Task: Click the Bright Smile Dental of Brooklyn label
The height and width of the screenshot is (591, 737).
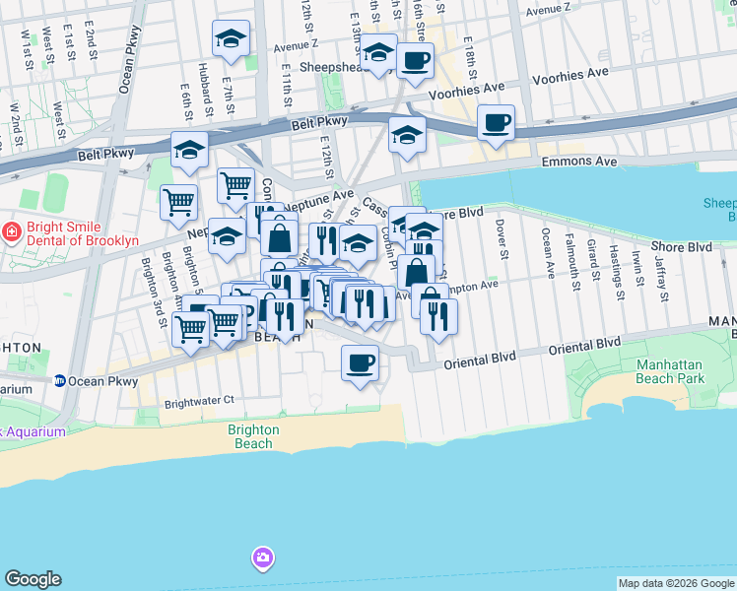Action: tap(74, 233)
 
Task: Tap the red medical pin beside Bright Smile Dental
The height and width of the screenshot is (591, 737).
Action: tap(11, 232)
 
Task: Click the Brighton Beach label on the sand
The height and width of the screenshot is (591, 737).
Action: tap(253, 436)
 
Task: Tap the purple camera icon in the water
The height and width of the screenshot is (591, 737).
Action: tap(261, 558)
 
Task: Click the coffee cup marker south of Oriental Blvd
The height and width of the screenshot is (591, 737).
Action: tap(360, 363)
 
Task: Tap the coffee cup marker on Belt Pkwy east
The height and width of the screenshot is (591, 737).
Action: tap(498, 123)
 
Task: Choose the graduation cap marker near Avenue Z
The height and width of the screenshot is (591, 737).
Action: tap(232, 39)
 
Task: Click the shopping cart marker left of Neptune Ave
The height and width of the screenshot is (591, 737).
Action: tap(178, 202)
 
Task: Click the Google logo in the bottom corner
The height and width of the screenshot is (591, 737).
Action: tap(33, 579)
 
